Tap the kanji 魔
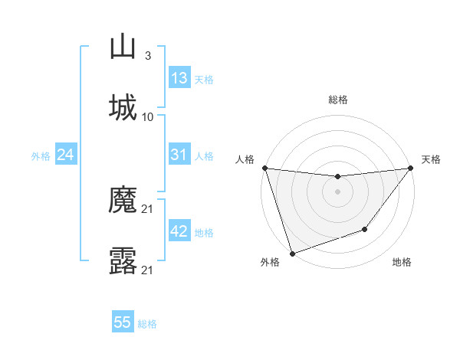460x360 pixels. (x=123, y=201)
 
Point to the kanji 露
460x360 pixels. (x=123, y=261)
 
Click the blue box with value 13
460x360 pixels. (x=179, y=78)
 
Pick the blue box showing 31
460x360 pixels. (x=179, y=155)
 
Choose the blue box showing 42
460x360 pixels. (x=179, y=231)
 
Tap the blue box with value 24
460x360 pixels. (x=66, y=155)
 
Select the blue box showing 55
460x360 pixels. (x=123, y=322)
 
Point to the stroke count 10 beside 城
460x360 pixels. (x=148, y=116)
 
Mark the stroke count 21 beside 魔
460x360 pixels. (x=148, y=209)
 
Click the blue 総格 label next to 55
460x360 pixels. (x=147, y=324)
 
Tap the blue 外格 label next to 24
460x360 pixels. (x=41, y=156)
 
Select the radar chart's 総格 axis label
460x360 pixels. (x=337, y=100)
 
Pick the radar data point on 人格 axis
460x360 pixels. (x=264, y=168)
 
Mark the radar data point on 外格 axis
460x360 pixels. (x=292, y=253)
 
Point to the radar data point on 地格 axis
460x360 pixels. (x=365, y=229)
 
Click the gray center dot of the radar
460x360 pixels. (x=337, y=191)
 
